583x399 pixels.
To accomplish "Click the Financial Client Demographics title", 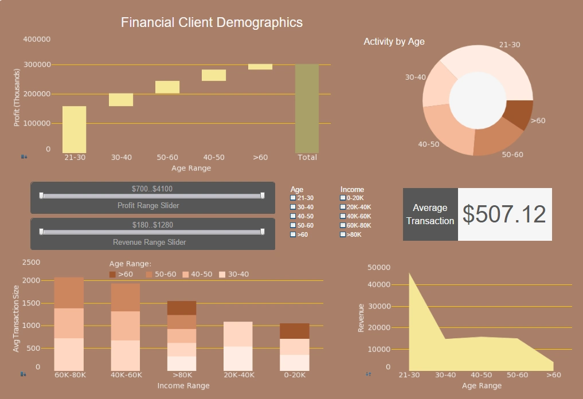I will click(x=212, y=22).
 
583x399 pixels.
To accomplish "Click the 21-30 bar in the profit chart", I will click(x=74, y=129).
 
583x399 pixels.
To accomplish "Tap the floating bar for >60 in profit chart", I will click(x=260, y=66).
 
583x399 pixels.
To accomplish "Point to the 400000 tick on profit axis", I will click(x=37, y=39).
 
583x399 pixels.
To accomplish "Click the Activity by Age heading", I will click(x=394, y=41).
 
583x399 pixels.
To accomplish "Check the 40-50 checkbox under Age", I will click(x=293, y=216).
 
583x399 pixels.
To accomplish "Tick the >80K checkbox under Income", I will click(x=343, y=234).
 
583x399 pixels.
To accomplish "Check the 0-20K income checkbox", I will click(x=343, y=198).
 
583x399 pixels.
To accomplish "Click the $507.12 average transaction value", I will click(x=504, y=214).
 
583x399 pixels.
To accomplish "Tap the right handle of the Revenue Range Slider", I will click(x=263, y=232).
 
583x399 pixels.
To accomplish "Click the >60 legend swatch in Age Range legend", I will click(x=112, y=275).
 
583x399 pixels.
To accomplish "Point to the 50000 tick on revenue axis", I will click(x=379, y=267).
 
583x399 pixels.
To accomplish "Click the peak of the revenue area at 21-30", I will click(x=410, y=275).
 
